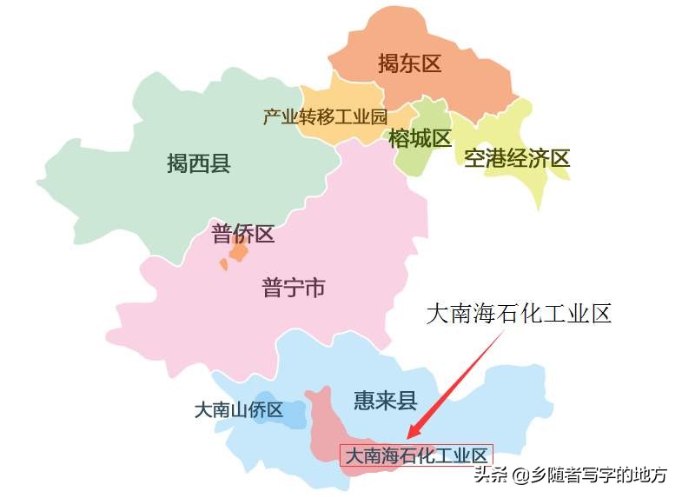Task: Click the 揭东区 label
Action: (x=410, y=63)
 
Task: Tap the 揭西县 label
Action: (x=199, y=163)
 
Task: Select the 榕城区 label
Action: (x=420, y=138)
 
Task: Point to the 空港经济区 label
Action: (x=517, y=158)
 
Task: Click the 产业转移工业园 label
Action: (x=325, y=116)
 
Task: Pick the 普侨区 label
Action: (x=243, y=233)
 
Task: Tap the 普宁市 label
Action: (x=294, y=287)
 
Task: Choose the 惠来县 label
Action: (x=386, y=401)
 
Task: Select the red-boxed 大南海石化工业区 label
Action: (x=416, y=455)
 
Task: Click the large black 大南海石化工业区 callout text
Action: (x=519, y=314)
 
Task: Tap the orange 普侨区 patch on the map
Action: (x=237, y=253)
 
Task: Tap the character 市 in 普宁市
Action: (x=315, y=287)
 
